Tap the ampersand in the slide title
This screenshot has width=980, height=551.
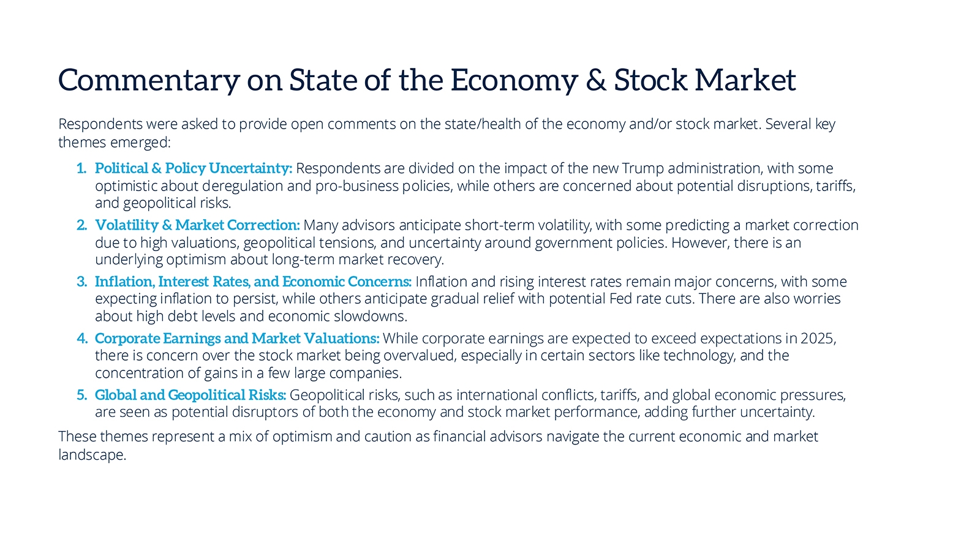(x=596, y=81)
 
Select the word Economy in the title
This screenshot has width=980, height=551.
(x=514, y=81)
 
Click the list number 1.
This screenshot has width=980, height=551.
(x=81, y=168)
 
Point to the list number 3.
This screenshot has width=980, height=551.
(x=81, y=282)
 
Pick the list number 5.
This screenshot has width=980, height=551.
(x=81, y=395)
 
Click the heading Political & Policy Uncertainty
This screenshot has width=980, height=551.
(x=194, y=168)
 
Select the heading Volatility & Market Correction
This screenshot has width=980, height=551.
(x=197, y=225)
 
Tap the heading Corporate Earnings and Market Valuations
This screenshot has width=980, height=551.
(x=237, y=339)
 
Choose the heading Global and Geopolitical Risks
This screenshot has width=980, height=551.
(x=190, y=395)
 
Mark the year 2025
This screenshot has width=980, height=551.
(x=818, y=339)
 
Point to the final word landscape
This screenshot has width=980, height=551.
(x=92, y=455)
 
